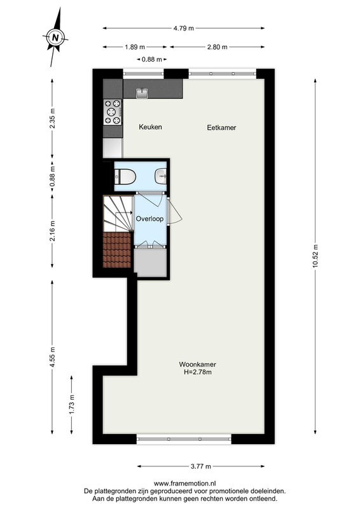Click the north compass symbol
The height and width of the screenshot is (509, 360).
tap(55, 37)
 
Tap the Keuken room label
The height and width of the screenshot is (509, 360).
tap(150, 127)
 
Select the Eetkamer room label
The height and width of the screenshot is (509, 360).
tap(221, 128)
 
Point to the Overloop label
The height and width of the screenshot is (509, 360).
tap(149, 219)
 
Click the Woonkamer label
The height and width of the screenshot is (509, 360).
tap(197, 365)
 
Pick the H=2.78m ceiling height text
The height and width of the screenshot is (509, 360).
tap(197, 372)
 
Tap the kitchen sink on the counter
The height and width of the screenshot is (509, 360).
tap(142, 93)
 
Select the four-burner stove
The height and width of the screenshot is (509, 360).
tap(113, 113)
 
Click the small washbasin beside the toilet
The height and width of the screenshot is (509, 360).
tap(161, 176)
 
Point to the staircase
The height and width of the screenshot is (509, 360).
tap(118, 214)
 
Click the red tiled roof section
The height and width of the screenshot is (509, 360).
tap(117, 249)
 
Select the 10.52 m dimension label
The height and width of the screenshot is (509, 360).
tap(315, 256)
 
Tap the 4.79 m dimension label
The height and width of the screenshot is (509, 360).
tap(183, 28)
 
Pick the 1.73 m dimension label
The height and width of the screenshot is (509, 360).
tap(72, 405)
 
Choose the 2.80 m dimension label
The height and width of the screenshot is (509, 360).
tap(217, 47)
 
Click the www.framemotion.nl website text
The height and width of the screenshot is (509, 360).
tap(184, 484)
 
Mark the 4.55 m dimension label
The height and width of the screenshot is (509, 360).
tap(52, 357)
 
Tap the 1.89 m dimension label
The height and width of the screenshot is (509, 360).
tap(135, 47)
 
